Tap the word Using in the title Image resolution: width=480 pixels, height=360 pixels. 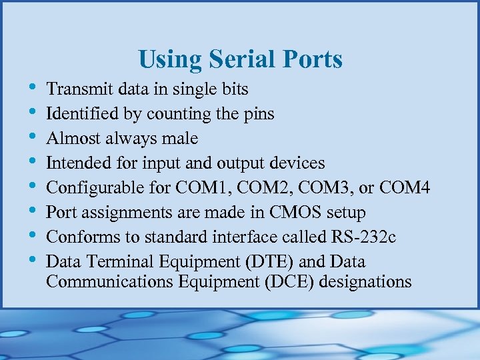(171, 60)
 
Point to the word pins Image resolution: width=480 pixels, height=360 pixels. (258, 113)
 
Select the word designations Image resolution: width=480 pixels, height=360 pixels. (365, 281)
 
